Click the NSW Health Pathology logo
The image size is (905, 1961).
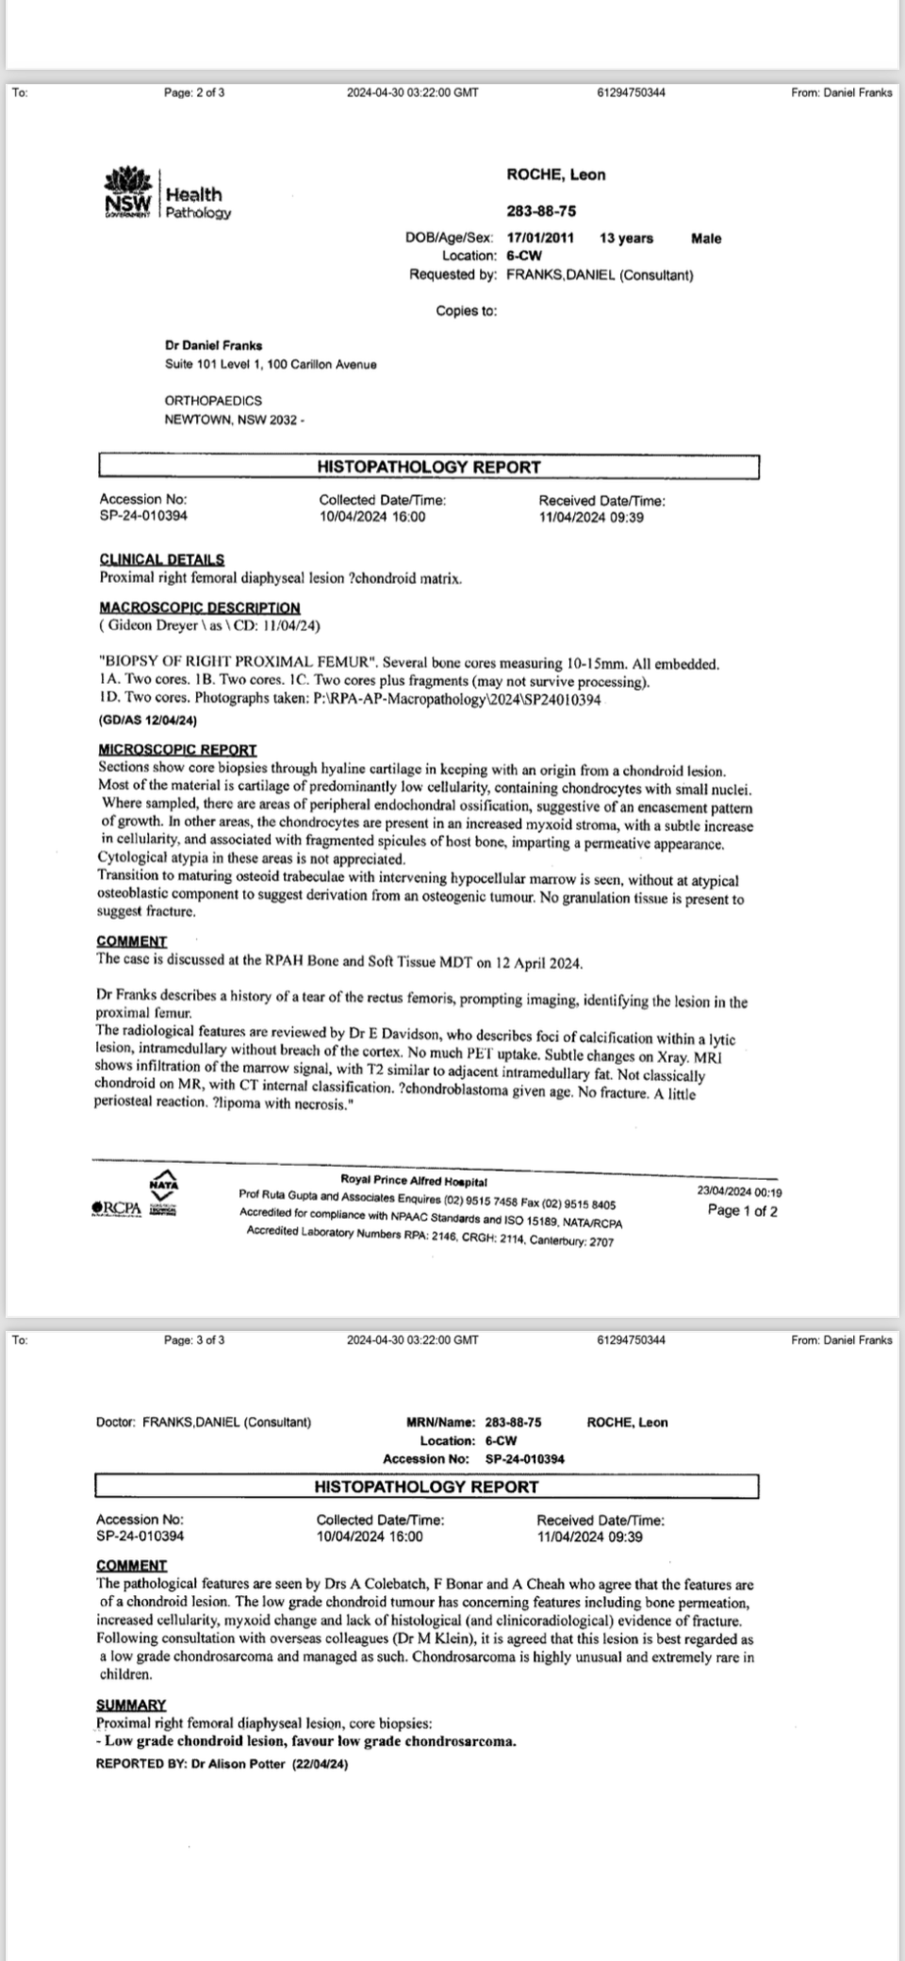click(167, 195)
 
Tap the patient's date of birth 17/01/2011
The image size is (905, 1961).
click(540, 239)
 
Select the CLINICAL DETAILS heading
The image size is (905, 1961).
click(161, 559)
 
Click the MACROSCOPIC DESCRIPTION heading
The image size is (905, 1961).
click(199, 607)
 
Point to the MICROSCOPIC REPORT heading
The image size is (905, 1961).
click(177, 749)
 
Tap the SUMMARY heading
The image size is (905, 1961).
click(131, 1704)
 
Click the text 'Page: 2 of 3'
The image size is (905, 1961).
click(194, 92)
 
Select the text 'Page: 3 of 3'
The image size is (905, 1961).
click(194, 1339)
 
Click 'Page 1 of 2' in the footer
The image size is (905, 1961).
click(742, 1211)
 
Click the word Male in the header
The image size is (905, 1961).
click(706, 239)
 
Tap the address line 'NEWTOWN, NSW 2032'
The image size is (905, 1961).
click(234, 419)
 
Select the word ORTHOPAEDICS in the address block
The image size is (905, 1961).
click(213, 401)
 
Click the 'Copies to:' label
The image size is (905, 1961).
click(466, 311)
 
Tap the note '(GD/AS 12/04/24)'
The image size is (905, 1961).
click(147, 720)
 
